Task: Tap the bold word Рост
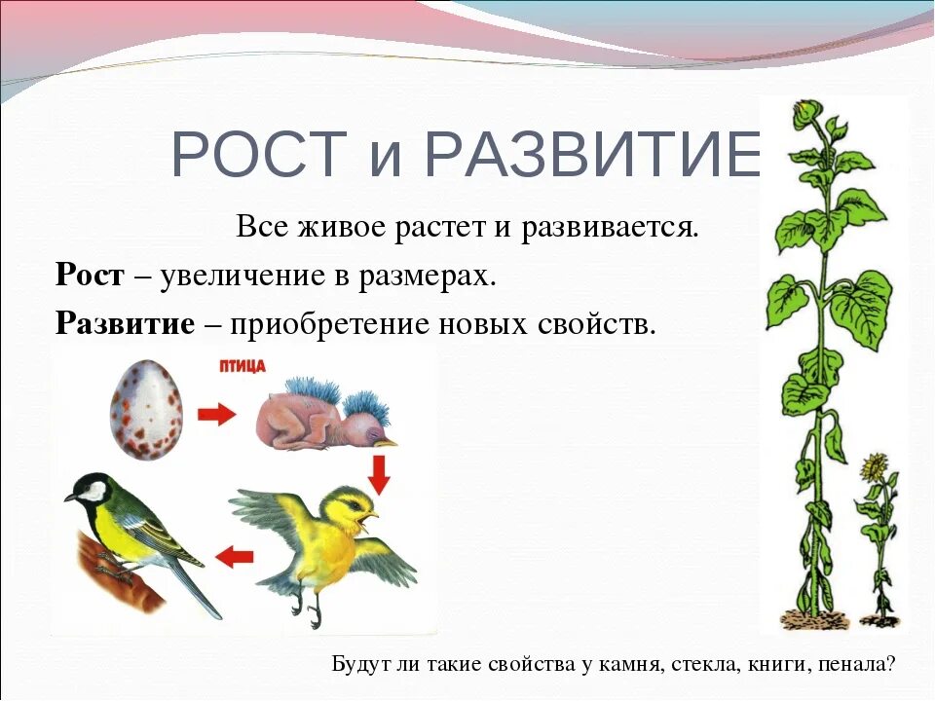(90, 276)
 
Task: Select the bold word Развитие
(126, 322)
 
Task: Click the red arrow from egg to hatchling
(215, 415)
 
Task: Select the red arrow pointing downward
(380, 473)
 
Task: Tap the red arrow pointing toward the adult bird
(235, 557)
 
